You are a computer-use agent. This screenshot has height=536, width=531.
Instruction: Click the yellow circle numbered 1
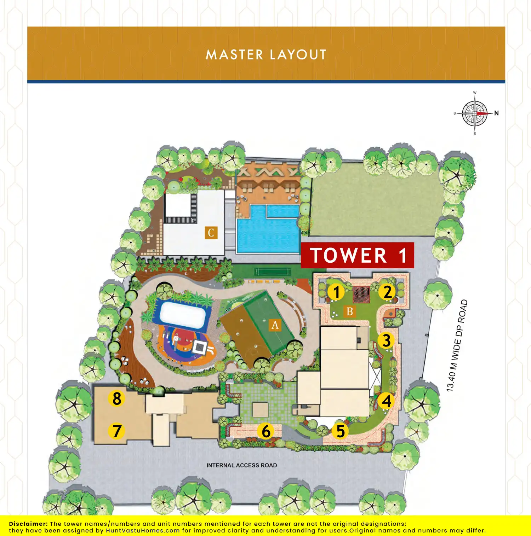tap(336, 292)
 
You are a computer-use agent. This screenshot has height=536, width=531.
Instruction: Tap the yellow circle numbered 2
tap(387, 292)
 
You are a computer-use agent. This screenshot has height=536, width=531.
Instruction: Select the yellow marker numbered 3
tap(387, 340)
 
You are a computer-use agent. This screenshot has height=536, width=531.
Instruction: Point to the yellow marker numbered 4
tap(387, 401)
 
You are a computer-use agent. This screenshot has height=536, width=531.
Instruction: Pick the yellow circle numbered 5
tap(340, 431)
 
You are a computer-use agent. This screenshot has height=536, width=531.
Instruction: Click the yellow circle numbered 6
tap(266, 431)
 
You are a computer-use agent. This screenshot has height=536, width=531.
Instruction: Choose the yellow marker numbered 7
tap(117, 431)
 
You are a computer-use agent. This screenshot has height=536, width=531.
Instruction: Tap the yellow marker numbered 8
tap(117, 398)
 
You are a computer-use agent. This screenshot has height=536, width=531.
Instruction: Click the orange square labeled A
tap(275, 325)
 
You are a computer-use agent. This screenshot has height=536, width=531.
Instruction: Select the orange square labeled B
tap(350, 311)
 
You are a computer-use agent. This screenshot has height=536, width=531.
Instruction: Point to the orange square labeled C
tap(211, 233)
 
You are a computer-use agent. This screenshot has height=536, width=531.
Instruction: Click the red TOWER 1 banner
tap(358, 255)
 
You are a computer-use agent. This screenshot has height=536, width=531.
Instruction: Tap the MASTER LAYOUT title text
tap(266, 55)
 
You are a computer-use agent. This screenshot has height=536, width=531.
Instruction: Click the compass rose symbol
tap(475, 113)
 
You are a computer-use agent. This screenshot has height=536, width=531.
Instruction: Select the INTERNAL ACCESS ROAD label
tap(242, 465)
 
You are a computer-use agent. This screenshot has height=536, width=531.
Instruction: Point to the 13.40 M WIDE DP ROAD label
tap(457, 345)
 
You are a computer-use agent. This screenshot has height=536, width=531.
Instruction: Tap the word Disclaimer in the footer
tap(28, 524)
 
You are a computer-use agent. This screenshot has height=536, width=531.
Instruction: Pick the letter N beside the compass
tap(496, 113)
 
